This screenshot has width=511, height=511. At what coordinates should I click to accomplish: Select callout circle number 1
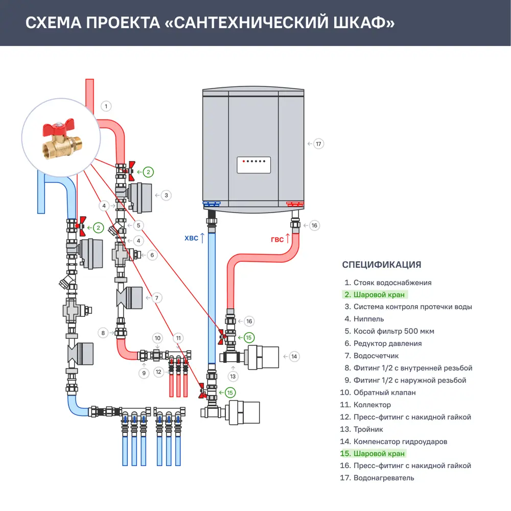pyautogui.click(x=106, y=106)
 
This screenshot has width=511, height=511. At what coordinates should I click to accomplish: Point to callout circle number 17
pyautogui.click(x=318, y=144)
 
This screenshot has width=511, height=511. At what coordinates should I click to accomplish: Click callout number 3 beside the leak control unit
pyautogui.click(x=166, y=195)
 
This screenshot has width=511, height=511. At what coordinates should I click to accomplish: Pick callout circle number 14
pyautogui.click(x=294, y=356)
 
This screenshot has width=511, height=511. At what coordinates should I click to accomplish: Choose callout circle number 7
pyautogui.click(x=157, y=297)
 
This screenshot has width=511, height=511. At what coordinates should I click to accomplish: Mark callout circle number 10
pyautogui.click(x=158, y=338)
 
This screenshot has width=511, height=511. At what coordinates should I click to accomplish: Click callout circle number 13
pyautogui.click(x=233, y=377)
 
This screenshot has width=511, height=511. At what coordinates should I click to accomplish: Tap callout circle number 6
pyautogui.click(x=152, y=254)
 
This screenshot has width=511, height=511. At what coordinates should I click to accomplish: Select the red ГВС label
pyautogui.click(x=277, y=239)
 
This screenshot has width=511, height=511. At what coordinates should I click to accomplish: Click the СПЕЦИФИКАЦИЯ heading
pyautogui.click(x=381, y=265)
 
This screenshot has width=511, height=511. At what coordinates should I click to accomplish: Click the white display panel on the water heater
pyautogui.click(x=253, y=166)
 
